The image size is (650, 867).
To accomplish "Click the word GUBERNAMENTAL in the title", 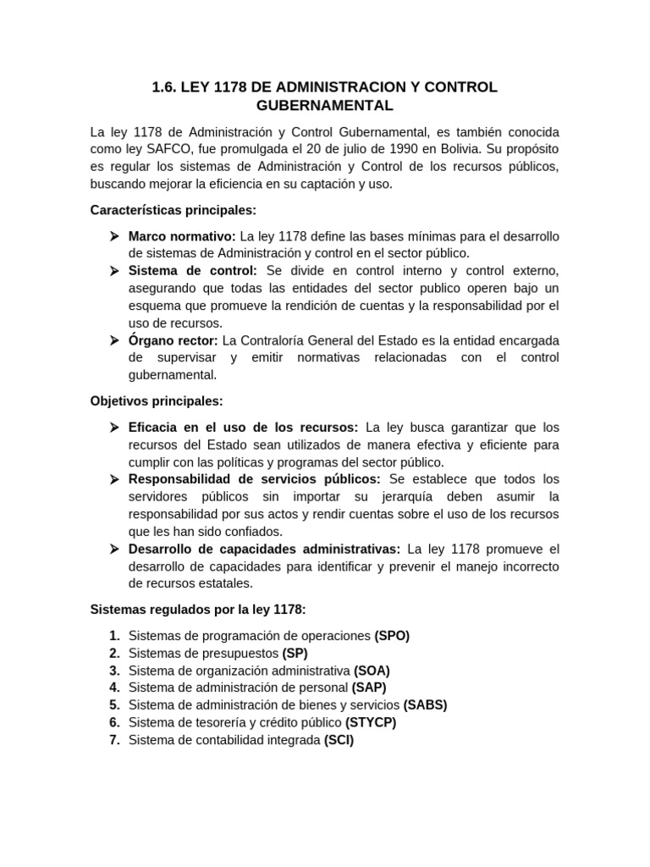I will (324, 106).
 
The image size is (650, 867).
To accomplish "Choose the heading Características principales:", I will (173, 210).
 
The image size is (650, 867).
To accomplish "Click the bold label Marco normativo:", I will (182, 236).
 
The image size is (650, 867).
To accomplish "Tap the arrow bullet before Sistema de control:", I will (114, 271).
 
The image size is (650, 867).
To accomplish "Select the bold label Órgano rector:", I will (173, 340).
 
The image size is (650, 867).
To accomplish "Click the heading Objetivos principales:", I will (157, 400).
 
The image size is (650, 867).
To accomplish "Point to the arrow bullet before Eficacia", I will (114, 428).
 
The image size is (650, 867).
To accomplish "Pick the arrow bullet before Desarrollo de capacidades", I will (114, 549).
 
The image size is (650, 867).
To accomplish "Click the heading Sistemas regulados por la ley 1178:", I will (198, 610).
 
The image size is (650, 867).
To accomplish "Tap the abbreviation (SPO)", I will (392, 636).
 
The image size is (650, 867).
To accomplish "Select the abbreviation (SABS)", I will (425, 705).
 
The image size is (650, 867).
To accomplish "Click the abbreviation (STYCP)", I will (371, 722).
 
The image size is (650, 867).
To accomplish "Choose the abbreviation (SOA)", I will (372, 671).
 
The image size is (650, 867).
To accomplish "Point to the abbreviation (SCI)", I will (339, 740).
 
